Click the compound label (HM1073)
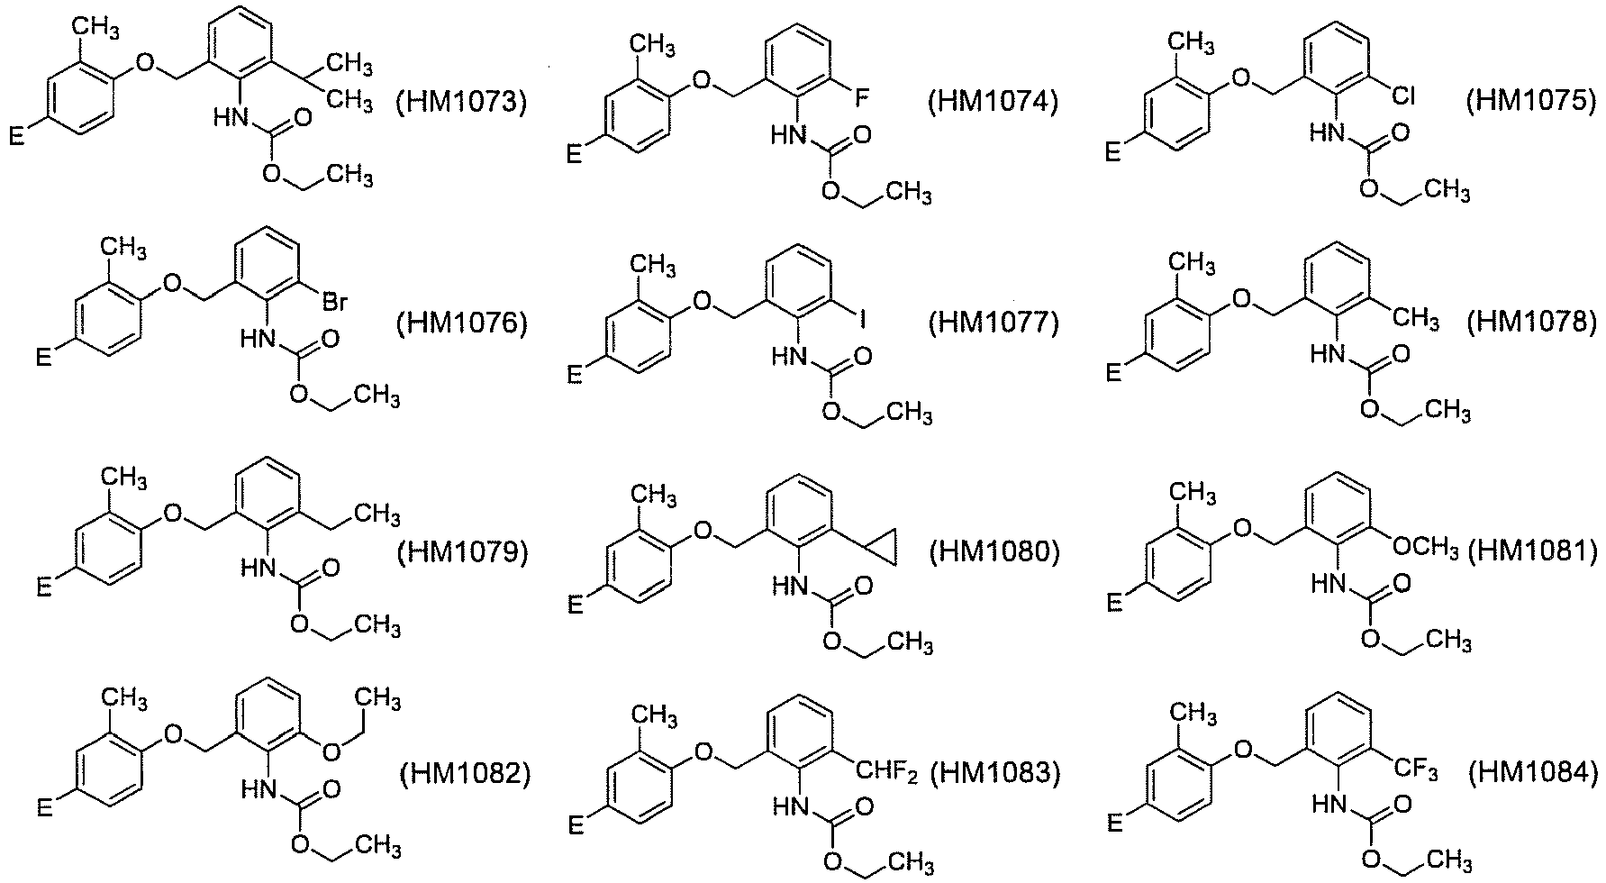pos(461,102)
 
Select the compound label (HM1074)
pos(993,102)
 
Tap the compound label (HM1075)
pos(1530,102)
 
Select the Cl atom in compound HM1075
pos(1403,96)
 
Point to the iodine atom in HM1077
pos(863,318)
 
